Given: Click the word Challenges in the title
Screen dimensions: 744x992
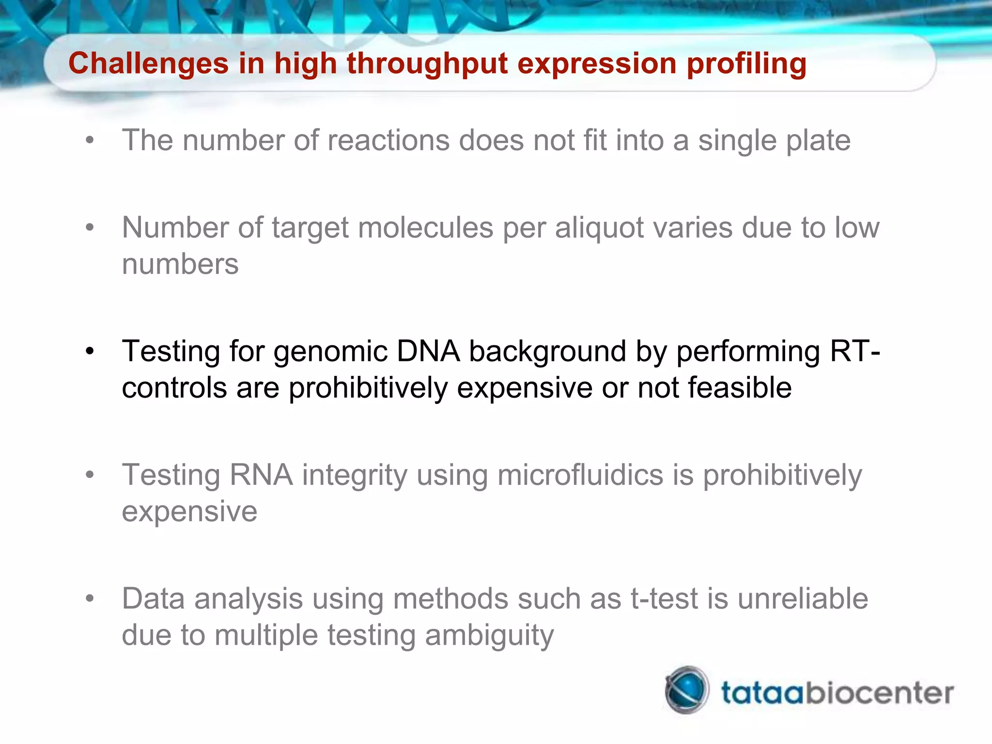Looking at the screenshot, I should coord(148,64).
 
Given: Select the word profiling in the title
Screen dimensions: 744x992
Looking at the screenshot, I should coord(746,64).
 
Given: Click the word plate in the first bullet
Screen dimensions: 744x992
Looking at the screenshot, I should coord(818,140).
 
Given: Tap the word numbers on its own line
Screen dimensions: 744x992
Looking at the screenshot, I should coord(180,264).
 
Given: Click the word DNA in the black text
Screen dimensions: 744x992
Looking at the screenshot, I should coord(428,351).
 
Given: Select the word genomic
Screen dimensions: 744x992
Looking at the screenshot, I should coord(330,351).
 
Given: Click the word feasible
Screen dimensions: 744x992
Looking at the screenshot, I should coord(739,388).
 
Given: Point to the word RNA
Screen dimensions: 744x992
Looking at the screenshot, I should coord(261,475).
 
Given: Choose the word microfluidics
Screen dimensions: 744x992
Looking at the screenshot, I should coord(580,475).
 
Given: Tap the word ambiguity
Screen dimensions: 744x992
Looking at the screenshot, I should coord(489,635).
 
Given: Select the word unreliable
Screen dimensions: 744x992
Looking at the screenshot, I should coord(803,599).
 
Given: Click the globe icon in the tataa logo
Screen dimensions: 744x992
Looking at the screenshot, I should coord(686,690).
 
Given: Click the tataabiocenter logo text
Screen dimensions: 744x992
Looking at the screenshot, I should coord(837,693).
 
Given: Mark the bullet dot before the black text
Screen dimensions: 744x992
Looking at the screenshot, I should coord(90,351).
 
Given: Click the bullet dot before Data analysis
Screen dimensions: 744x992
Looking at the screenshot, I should coord(90,599).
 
